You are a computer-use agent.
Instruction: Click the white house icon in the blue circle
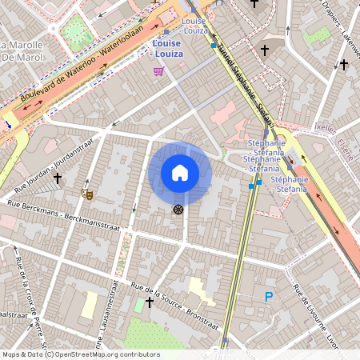180,173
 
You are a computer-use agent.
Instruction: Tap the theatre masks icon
86,193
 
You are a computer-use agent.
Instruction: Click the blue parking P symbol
269,297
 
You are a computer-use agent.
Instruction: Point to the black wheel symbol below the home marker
178,209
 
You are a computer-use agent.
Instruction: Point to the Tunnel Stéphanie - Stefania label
243,83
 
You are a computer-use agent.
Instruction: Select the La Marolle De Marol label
22,50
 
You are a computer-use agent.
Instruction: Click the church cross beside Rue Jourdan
58,178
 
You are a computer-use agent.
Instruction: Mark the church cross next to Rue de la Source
150,302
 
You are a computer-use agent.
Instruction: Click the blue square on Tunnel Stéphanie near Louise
213,46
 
